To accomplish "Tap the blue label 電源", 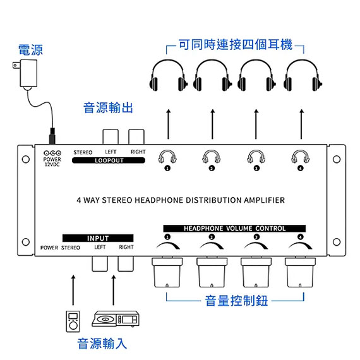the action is [x=30, y=50].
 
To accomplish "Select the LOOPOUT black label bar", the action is [x=109, y=160].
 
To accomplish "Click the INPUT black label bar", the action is [x=98, y=238].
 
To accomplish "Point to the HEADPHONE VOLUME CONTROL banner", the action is [x=234, y=229].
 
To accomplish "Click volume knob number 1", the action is [x=167, y=272].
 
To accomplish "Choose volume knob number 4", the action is [x=300, y=272].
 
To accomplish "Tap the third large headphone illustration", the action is [x=256, y=76].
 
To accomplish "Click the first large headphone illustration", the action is [x=168, y=76].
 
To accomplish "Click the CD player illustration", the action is [x=116, y=319].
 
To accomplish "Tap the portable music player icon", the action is [x=73, y=321].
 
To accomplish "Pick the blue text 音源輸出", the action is [x=108, y=107].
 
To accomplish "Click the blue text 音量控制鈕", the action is [x=236, y=301].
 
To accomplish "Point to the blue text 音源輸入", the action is [x=102, y=344].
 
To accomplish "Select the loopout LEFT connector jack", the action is [x=111, y=137].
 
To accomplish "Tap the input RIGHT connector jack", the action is [x=126, y=263].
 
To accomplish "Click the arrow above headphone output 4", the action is [x=301, y=124].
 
